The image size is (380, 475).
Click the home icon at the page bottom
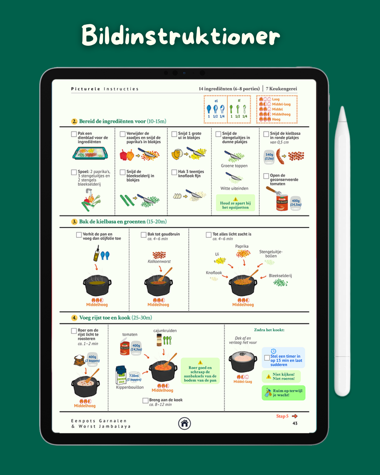pos(184,423)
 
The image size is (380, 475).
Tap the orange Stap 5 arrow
pos(295,416)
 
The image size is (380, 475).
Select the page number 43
pos(295,423)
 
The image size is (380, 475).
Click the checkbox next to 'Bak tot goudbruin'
pos(144,235)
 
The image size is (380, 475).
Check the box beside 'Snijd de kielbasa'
pos(266,134)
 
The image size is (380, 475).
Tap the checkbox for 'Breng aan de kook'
pos(145,400)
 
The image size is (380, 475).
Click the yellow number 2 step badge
pos(74,121)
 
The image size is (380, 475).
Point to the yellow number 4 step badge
pos(74,318)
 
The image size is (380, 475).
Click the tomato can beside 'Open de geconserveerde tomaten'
pos(282,203)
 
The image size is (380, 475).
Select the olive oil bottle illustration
pos(96,253)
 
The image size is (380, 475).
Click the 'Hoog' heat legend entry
pos(276,119)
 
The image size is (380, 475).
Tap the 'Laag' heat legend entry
pos(275,99)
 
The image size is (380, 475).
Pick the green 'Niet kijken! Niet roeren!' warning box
pos(281,376)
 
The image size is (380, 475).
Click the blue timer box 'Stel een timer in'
pos(283,358)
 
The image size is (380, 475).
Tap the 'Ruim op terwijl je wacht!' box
pos(284,393)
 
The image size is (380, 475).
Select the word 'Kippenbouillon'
pos(130,387)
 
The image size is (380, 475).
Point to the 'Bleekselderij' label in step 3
pos(280,276)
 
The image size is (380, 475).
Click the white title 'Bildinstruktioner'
pos(181,36)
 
